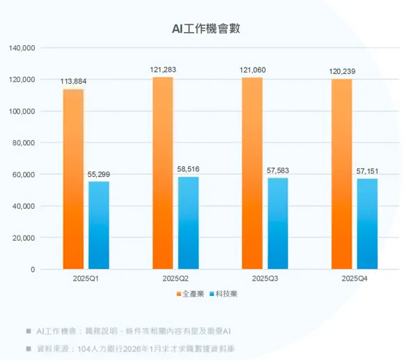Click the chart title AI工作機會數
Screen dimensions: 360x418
pos(207,29)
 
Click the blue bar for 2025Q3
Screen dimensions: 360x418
pos(277,223)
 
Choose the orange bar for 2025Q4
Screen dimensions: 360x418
pos(342,173)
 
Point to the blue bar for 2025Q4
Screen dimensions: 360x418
pos(367,224)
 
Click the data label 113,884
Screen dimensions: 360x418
pos(74,81)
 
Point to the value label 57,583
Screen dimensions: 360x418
pos(278,170)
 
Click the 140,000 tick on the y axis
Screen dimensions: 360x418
pos(22,48)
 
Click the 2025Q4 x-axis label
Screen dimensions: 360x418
pos(355,278)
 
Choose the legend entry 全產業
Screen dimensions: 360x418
pos(190,294)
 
